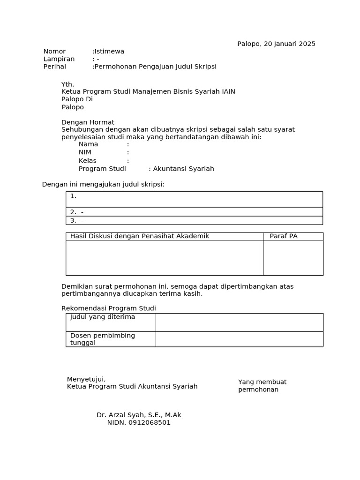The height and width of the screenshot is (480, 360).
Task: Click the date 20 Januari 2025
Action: [289, 44]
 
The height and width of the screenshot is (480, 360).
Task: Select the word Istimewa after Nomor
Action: [109, 51]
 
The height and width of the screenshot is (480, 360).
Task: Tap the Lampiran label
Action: [59, 59]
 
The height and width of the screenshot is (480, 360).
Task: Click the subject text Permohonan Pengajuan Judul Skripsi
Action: [155, 67]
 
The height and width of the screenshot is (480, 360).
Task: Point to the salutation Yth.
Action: [68, 84]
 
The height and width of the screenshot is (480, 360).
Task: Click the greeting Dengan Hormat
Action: [88, 122]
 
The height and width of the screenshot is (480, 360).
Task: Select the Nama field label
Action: [88, 144]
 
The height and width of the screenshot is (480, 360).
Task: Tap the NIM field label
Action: [85, 152]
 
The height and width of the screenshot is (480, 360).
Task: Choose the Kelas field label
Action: [87, 160]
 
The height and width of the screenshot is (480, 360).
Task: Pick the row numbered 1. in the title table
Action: [194, 199]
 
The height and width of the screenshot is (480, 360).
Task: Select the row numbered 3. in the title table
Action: [194, 220]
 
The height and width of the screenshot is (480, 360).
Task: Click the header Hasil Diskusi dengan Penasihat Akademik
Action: [140, 236]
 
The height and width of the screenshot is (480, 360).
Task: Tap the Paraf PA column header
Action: [284, 236]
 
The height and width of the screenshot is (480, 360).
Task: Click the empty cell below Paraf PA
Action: [293, 258]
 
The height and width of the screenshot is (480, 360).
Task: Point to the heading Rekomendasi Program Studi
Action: [109, 308]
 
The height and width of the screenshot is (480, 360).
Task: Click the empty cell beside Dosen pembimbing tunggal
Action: [239, 339]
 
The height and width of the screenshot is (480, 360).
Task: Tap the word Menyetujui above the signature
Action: [86, 379]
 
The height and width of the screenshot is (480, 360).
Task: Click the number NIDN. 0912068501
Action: [139, 422]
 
